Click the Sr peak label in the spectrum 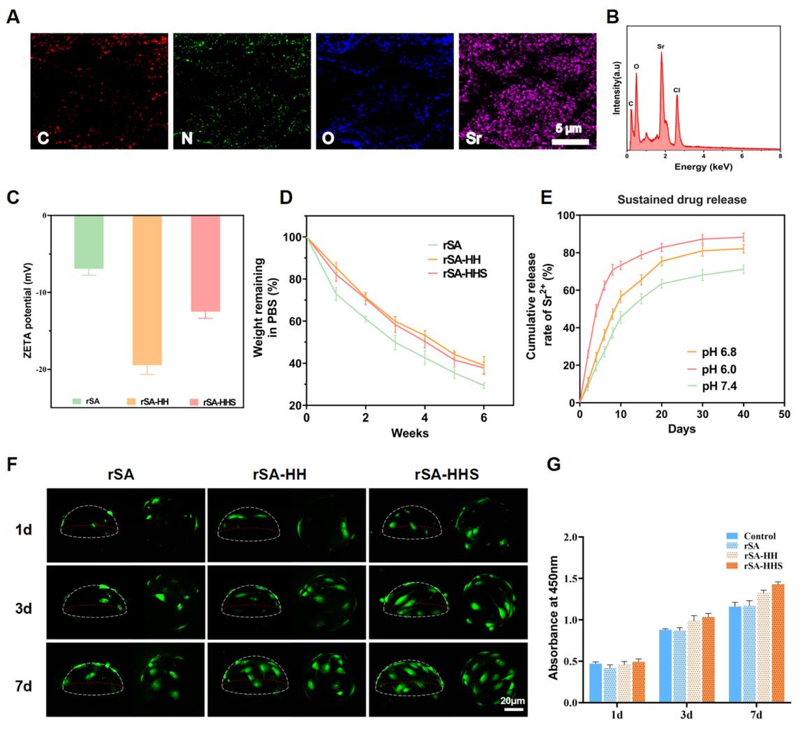660,47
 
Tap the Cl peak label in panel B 677,90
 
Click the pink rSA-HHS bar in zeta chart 205,263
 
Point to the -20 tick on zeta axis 36,369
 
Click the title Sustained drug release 681,200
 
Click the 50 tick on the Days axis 784,415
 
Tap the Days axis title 681,429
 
